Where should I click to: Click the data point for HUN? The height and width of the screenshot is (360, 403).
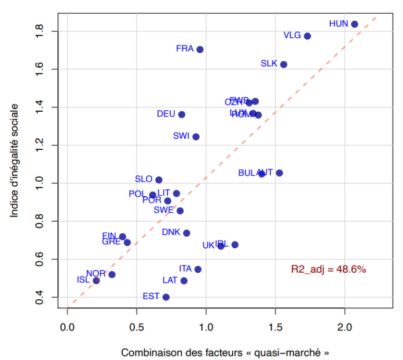point(354,24)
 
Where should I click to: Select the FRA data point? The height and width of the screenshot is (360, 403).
point(200,49)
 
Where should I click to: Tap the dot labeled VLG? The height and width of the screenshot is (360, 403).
point(307,36)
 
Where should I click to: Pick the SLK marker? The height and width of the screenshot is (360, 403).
point(284,64)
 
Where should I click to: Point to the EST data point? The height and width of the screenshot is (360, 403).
point(166,297)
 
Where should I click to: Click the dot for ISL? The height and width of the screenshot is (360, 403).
point(96,281)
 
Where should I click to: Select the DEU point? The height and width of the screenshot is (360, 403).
point(181,115)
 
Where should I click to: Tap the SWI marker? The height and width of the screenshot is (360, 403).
point(196,137)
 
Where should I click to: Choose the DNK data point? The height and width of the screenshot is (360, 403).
point(186,233)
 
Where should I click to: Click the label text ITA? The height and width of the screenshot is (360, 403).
point(185,269)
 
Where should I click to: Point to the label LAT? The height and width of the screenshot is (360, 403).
point(170,280)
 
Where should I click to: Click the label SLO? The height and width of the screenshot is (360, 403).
point(144,179)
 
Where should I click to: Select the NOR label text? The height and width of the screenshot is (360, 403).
point(96,273)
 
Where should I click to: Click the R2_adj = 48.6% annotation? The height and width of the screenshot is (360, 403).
point(328,269)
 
